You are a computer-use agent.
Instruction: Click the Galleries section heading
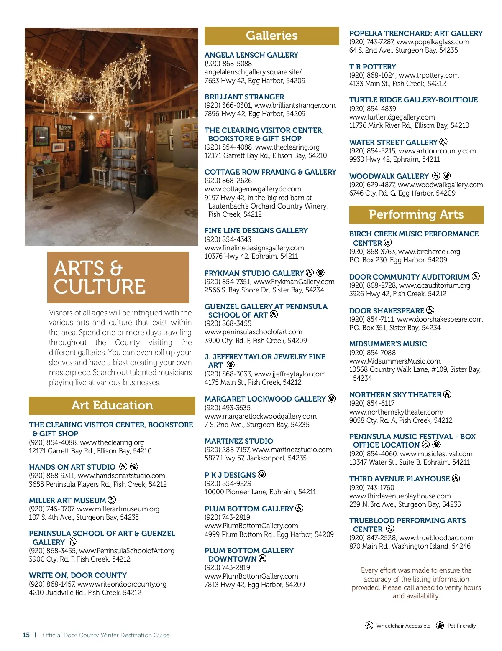click(271, 36)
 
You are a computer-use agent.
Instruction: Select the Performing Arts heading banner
click(416, 215)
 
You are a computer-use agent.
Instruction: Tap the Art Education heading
click(112, 405)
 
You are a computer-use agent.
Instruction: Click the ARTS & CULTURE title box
click(118, 277)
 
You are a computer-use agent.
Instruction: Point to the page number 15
click(26, 635)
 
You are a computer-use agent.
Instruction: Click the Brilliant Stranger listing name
click(244, 97)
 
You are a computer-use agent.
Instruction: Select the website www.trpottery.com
click(428, 75)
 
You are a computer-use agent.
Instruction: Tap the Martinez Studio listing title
click(239, 441)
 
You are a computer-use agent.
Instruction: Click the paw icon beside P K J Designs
click(262, 475)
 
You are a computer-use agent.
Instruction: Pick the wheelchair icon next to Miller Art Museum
click(112, 500)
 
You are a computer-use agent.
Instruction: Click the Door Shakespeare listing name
click(387, 311)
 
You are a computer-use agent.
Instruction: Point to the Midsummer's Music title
click(388, 344)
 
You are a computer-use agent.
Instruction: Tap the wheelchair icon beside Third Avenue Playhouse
click(456, 478)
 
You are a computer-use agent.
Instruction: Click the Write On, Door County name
click(78, 575)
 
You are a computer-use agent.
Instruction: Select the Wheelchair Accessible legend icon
click(369, 626)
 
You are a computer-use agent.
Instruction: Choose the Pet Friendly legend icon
click(440, 626)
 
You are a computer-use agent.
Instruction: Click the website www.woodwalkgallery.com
click(440, 185)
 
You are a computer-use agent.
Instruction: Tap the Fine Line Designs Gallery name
click(256, 231)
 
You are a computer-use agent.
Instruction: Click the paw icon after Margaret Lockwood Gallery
click(332, 399)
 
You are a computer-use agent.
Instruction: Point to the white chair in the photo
click(101, 178)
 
